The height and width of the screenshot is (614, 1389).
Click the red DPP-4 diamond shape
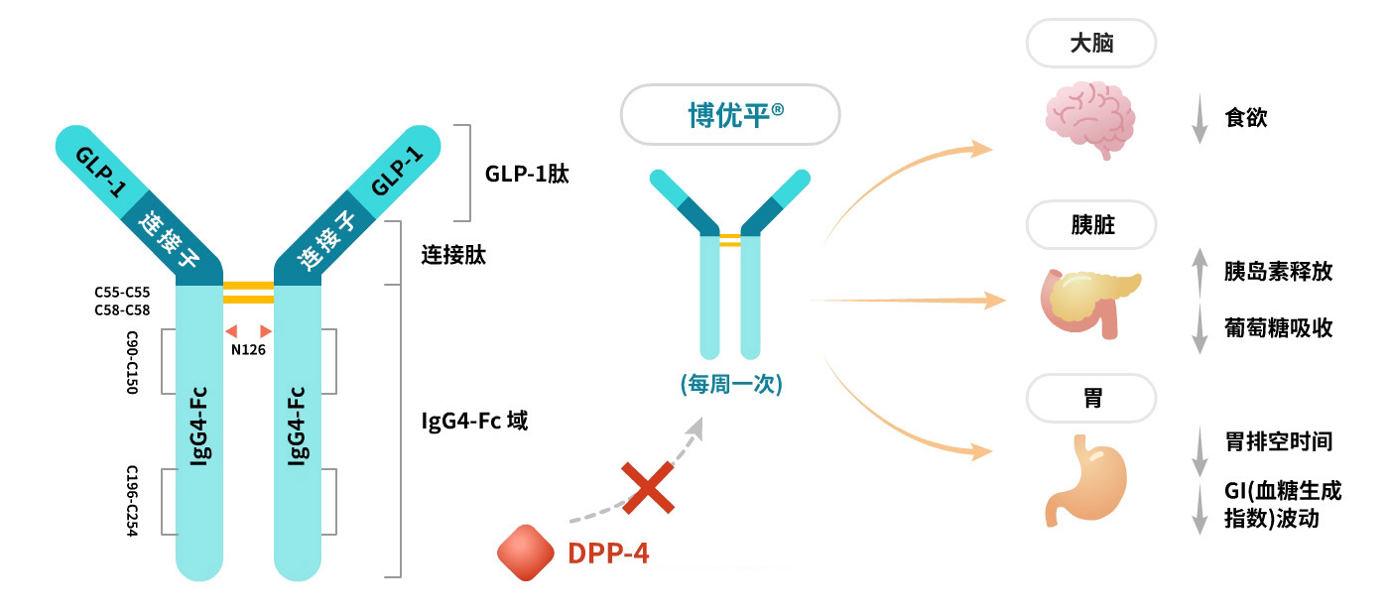coord(525,553)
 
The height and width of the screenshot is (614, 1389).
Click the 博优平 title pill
coord(730,116)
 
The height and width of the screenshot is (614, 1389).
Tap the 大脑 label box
coord(1091,45)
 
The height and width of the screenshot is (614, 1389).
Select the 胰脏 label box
coord(1091,225)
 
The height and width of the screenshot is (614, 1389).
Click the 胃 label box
coord(1091,399)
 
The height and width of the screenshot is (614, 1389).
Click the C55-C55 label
coord(124,293)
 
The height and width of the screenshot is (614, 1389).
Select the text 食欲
coord(1246,118)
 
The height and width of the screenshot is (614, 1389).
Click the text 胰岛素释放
coord(1278,272)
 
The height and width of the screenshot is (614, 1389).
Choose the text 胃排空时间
coord(1278,441)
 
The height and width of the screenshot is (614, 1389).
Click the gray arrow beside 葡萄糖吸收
coord(1199,329)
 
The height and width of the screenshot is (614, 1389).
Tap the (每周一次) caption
coord(730,384)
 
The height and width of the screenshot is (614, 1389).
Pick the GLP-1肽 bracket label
coord(527,174)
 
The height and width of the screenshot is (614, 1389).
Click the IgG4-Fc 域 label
coord(474,421)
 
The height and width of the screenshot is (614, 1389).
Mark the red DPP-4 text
coord(608,553)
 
